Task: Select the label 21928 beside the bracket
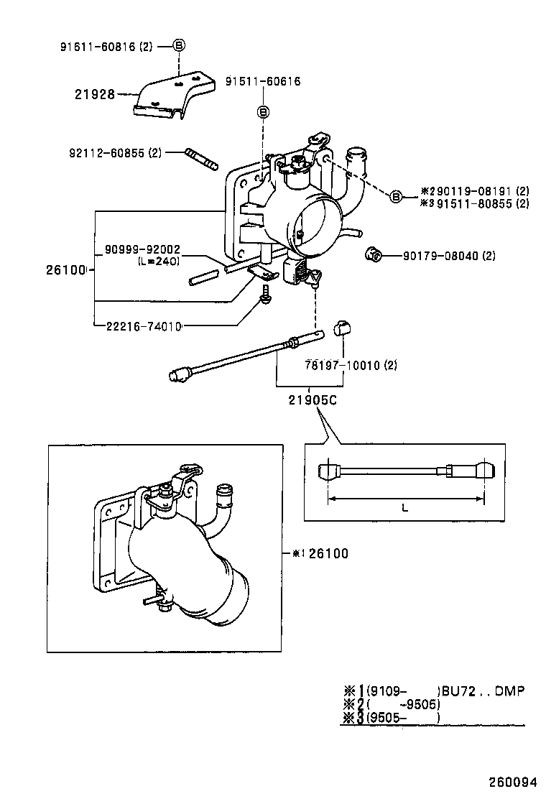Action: pyautogui.click(x=94, y=93)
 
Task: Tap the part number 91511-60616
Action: pyautogui.click(x=262, y=81)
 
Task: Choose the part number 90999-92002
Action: pyautogui.click(x=142, y=249)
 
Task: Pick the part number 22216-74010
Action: pyautogui.click(x=142, y=325)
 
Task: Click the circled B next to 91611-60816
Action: pyautogui.click(x=180, y=45)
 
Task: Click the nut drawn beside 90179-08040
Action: pyautogui.click(x=372, y=254)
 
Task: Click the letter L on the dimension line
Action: pyautogui.click(x=405, y=507)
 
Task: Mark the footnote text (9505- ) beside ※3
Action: pyautogui.click(x=402, y=717)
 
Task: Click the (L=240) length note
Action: pyautogui.click(x=158, y=262)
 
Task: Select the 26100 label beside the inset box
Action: pyautogui.click(x=328, y=553)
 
